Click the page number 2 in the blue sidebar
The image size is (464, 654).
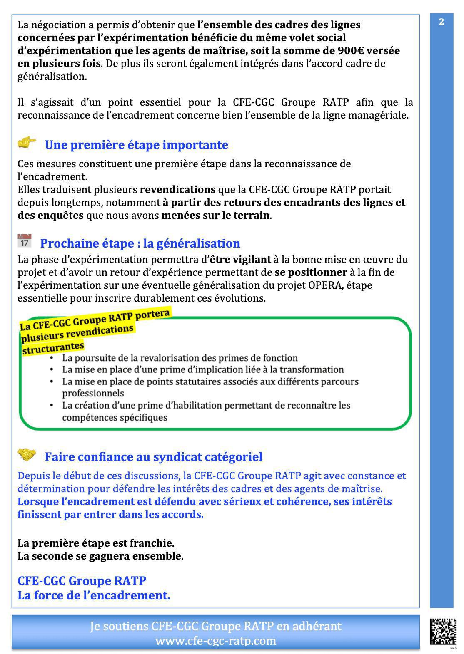(x=441, y=22)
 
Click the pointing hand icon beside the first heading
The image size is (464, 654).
(x=27, y=143)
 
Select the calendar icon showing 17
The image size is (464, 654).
(x=25, y=241)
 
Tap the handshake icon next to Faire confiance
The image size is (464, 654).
(x=27, y=455)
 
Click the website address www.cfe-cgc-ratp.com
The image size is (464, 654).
(x=216, y=641)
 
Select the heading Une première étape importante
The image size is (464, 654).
(x=136, y=145)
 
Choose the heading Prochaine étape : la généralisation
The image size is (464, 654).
(x=140, y=243)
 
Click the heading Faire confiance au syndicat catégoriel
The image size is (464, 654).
(x=153, y=457)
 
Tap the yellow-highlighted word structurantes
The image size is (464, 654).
(x=53, y=347)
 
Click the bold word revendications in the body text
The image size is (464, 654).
(x=177, y=190)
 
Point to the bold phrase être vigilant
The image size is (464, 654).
(x=240, y=260)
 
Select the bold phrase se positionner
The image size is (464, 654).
(x=311, y=272)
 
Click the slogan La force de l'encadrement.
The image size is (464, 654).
(x=94, y=595)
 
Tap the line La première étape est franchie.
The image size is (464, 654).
(x=96, y=543)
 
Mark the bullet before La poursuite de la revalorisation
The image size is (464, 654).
(x=52, y=358)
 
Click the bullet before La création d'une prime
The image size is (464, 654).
(x=52, y=405)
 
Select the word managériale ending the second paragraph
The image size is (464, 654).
(x=379, y=115)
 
